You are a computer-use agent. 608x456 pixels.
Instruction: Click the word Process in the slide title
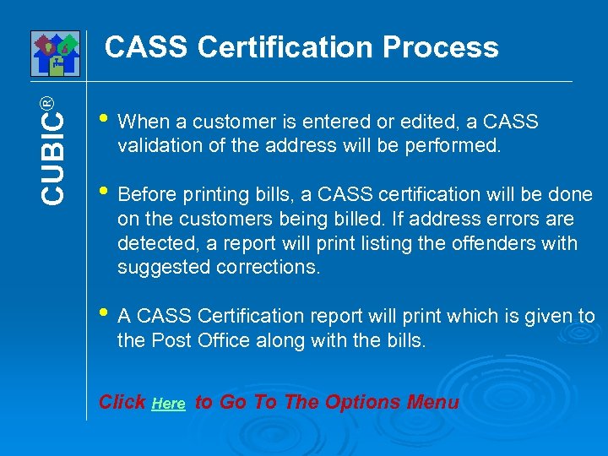440,47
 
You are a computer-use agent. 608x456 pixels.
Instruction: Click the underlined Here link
169,404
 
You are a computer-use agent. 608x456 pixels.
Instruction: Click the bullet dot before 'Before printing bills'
103,192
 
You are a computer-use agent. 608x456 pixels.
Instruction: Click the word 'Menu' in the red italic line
432,402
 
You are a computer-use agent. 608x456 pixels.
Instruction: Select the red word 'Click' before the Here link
122,402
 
